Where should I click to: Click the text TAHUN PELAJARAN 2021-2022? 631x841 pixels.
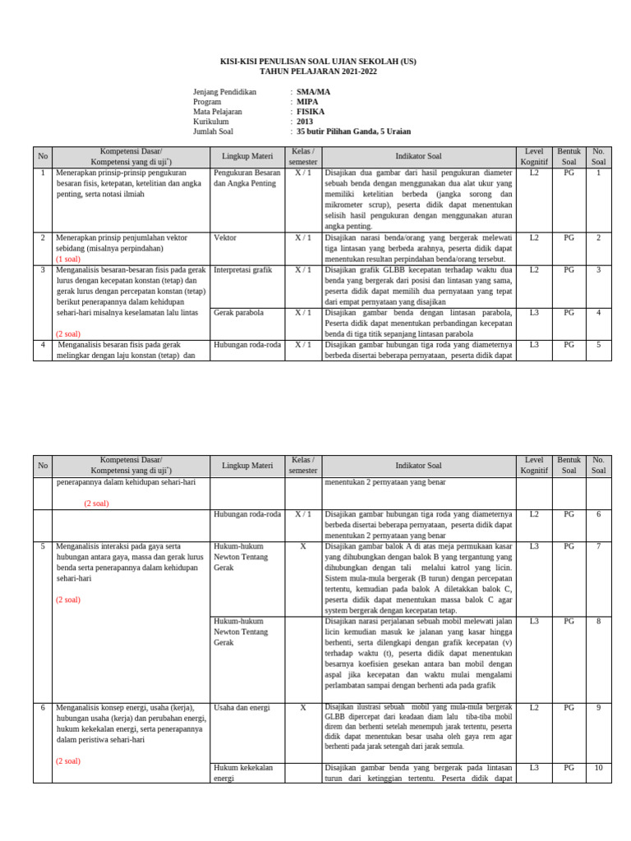pos(315,72)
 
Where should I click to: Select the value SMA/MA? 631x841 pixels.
pos(313,92)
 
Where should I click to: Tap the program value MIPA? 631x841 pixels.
pos(307,102)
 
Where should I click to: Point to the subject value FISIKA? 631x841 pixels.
pos(311,112)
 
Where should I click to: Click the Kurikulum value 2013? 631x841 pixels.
pos(305,122)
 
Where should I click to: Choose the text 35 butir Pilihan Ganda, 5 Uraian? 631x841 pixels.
pos(353,131)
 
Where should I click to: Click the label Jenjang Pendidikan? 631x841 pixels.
pos(224,92)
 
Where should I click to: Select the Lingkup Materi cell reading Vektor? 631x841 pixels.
pos(224,237)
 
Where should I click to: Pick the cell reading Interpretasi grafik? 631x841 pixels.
pos(242,269)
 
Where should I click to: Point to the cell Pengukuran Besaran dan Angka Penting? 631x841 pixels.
pos(246,179)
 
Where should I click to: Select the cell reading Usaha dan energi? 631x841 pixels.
pos(241,707)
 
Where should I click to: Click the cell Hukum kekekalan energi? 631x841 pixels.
pos(243,773)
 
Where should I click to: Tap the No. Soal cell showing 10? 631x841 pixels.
pos(598,768)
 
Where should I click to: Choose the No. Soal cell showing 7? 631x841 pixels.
pos(598,546)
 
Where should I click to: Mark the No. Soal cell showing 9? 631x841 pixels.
pos(598,707)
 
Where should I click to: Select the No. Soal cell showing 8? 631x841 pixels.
pos(598,622)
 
